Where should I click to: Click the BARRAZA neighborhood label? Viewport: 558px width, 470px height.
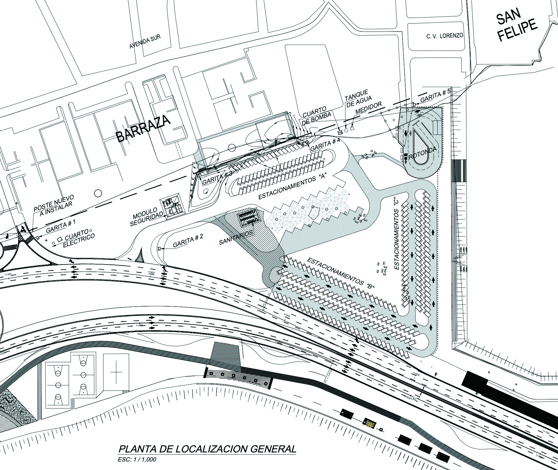tap(144, 128)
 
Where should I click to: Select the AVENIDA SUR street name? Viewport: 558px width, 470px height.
tap(145, 41)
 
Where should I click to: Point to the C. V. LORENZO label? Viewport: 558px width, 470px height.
tap(445, 36)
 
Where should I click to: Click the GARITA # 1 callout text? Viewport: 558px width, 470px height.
tap(61, 226)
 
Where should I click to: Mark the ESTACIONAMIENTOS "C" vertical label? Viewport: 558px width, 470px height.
tap(399, 234)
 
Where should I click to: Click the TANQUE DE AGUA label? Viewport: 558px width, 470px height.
tap(358, 98)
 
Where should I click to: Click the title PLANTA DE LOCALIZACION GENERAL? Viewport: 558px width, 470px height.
tap(207, 449)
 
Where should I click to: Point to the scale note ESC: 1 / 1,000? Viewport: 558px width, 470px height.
tap(137, 460)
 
